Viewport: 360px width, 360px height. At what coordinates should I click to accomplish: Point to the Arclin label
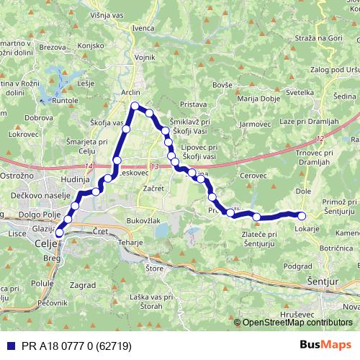(131, 93)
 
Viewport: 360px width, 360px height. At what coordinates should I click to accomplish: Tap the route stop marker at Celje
(59, 232)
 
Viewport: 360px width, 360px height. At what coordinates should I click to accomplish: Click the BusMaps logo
(330, 345)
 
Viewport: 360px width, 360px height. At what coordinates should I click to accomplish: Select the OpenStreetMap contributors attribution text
(297, 323)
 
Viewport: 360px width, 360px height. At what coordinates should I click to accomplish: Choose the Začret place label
(154, 188)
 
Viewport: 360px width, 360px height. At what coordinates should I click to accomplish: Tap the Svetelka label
(299, 93)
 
